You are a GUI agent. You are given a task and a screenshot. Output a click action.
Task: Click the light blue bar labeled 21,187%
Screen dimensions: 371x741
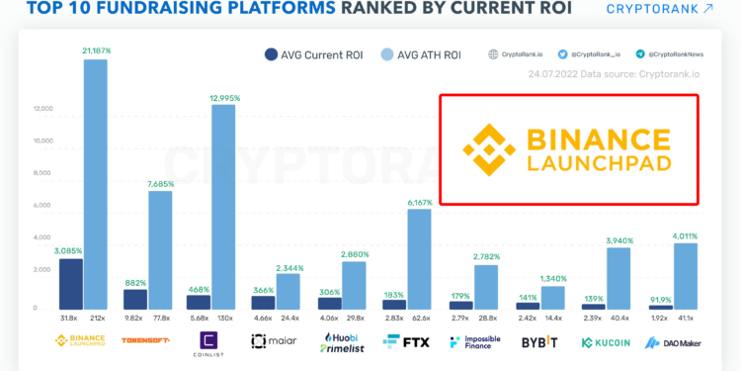95,184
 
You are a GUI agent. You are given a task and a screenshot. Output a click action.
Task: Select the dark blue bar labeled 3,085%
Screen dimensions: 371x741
71,284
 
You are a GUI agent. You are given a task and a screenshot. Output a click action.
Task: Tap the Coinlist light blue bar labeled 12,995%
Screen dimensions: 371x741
224,207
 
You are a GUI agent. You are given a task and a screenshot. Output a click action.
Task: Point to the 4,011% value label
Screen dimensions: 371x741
685,235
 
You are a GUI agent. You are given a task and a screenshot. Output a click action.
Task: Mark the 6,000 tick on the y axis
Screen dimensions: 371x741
41,205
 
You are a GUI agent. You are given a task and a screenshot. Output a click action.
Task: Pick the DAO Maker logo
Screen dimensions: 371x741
672,341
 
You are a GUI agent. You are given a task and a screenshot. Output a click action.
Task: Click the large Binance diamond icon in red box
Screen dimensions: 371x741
492,149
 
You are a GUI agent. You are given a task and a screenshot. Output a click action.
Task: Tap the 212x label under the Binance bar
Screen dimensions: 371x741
95,318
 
